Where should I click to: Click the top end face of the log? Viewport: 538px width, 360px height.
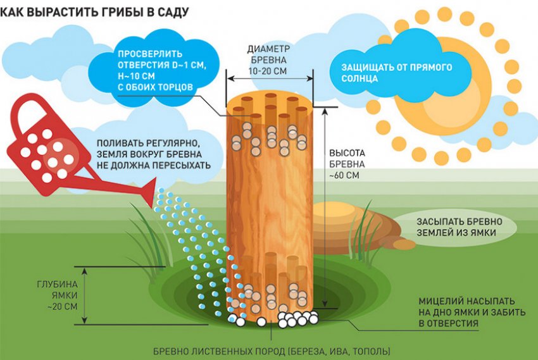click(270, 108)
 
